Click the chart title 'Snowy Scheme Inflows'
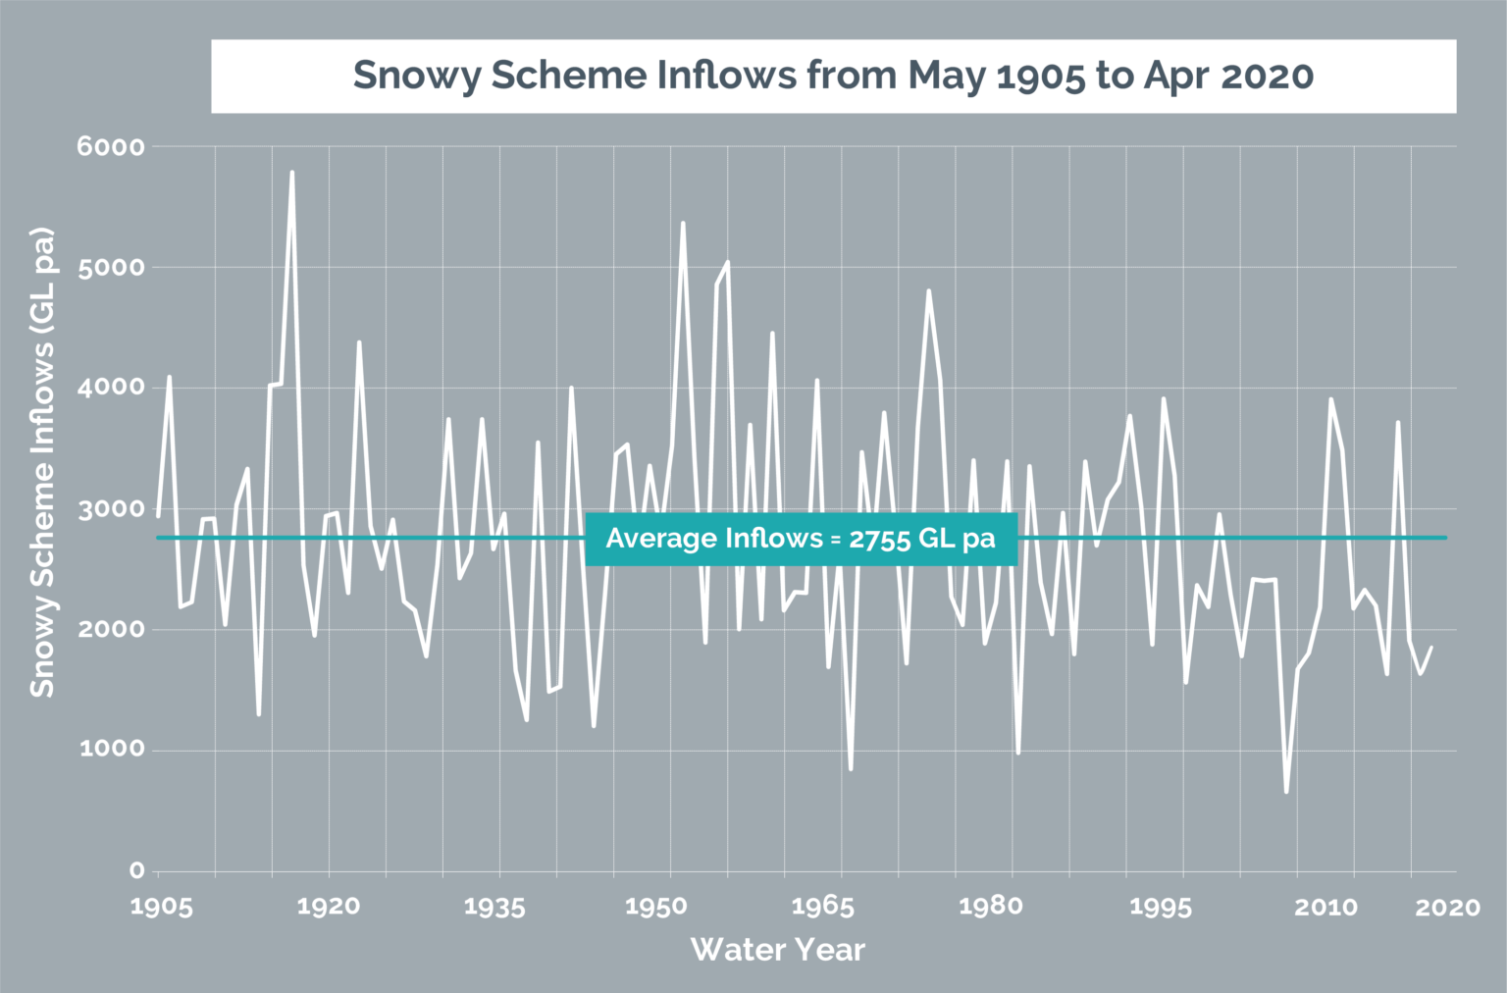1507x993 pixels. pyautogui.click(x=833, y=76)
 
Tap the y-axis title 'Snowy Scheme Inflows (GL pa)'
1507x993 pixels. pyautogui.click(x=42, y=462)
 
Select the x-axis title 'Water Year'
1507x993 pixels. pyautogui.click(x=777, y=950)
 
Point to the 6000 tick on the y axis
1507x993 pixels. pyautogui.click(x=111, y=147)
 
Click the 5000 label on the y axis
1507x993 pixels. pyautogui.click(x=111, y=268)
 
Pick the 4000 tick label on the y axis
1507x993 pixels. pyautogui.click(x=111, y=388)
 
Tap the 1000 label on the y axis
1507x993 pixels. pyautogui.click(x=111, y=750)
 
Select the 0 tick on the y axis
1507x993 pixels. pyautogui.click(x=136, y=870)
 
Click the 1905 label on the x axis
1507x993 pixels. pyautogui.click(x=161, y=907)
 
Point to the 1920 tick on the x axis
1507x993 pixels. pyautogui.click(x=329, y=907)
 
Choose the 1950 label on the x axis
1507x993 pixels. pyautogui.click(x=656, y=907)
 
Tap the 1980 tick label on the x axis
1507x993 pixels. pyautogui.click(x=990, y=907)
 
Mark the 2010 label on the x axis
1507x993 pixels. pyautogui.click(x=1325, y=907)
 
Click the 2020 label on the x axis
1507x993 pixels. pyautogui.click(x=1447, y=907)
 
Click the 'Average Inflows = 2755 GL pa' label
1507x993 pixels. pyautogui.click(x=801, y=539)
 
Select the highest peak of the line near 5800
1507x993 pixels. pyautogui.click(x=291, y=172)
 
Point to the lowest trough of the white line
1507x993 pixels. pyautogui.click(x=1286, y=792)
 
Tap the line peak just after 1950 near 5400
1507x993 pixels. pyautogui.click(x=683, y=223)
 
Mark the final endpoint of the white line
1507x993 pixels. pyautogui.click(x=1431, y=647)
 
